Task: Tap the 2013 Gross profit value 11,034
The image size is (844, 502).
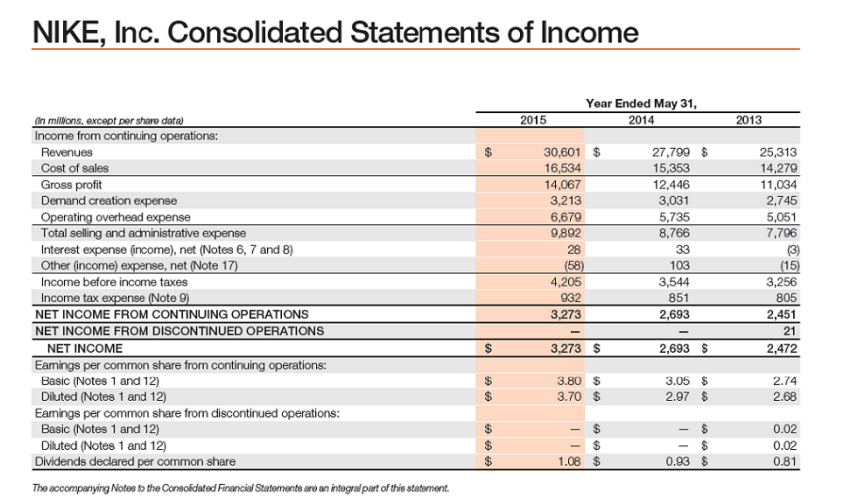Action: (777, 185)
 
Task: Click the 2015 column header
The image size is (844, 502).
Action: (535, 121)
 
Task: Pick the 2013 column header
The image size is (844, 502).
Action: (749, 121)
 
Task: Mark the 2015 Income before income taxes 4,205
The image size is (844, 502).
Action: (566, 282)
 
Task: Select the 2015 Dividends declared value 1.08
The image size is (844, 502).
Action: (567, 461)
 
